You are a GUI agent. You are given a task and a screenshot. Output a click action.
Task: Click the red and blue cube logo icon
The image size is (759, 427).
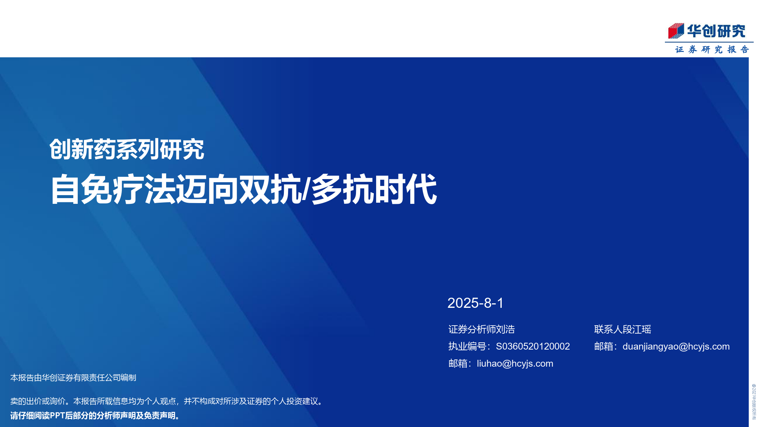click(676, 31)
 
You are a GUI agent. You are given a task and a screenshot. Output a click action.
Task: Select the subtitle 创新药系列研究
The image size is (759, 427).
click(127, 150)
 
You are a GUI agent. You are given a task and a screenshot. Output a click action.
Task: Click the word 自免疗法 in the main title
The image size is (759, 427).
click(113, 189)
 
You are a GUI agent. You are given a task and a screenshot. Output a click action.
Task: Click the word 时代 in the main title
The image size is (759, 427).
click(405, 189)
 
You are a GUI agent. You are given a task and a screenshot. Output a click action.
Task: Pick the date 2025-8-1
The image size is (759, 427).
click(476, 303)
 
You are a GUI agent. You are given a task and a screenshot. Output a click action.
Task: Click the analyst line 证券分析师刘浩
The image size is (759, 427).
click(482, 329)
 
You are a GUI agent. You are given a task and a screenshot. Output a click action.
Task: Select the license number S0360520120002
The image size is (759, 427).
click(533, 346)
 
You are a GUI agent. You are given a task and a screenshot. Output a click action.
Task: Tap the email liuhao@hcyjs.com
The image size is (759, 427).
click(515, 364)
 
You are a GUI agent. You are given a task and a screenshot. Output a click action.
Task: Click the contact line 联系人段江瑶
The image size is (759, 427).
click(623, 329)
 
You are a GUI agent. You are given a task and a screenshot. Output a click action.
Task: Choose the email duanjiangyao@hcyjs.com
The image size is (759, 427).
click(676, 347)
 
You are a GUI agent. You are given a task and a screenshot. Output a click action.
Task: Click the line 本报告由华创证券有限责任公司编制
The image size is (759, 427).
click(73, 378)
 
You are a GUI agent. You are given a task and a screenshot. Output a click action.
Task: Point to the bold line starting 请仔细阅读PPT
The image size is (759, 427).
click(95, 416)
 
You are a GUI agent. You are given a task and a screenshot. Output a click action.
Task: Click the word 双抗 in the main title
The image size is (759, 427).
click(271, 189)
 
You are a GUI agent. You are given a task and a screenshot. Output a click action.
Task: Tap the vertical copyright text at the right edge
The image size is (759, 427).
click(754, 402)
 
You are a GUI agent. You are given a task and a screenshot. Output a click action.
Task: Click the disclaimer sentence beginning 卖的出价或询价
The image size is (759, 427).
click(167, 401)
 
